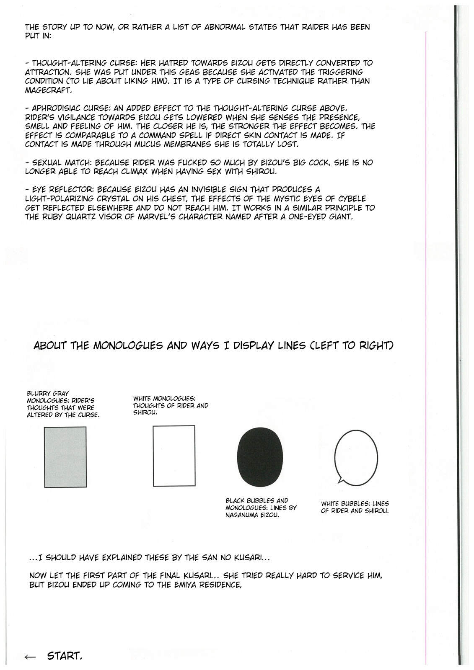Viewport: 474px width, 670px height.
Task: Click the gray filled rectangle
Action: [65, 457]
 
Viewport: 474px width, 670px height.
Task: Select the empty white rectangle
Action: [174, 456]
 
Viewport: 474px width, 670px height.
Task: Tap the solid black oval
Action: [260, 456]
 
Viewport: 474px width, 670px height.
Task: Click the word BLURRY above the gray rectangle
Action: [39, 394]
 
